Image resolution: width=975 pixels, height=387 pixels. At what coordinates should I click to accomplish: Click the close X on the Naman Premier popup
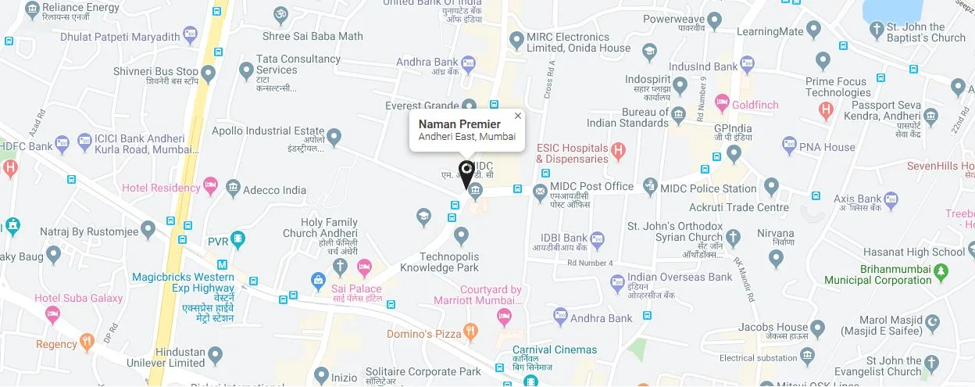click(517, 116)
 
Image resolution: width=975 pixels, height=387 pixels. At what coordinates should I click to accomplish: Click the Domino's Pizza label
click(424, 334)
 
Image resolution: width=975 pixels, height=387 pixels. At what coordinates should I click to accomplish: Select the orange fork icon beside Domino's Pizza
click(470, 331)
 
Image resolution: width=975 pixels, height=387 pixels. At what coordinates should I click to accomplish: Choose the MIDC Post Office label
click(591, 186)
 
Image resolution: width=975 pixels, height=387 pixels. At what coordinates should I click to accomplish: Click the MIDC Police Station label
click(708, 188)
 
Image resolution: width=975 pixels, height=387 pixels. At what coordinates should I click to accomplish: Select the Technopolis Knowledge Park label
click(439, 262)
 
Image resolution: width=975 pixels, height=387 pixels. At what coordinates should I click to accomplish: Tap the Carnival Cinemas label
click(555, 349)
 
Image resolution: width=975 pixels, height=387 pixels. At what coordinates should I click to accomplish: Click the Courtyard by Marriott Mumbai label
click(479, 296)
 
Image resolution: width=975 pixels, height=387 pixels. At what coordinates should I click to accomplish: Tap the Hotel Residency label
click(161, 188)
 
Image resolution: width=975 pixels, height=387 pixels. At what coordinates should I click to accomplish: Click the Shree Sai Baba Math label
click(312, 36)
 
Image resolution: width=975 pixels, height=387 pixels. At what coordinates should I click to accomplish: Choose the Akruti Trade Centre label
click(739, 207)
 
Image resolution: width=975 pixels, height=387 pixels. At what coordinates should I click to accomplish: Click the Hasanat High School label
click(914, 252)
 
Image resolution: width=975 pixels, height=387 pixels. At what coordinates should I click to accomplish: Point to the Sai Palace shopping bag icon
click(318, 279)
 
